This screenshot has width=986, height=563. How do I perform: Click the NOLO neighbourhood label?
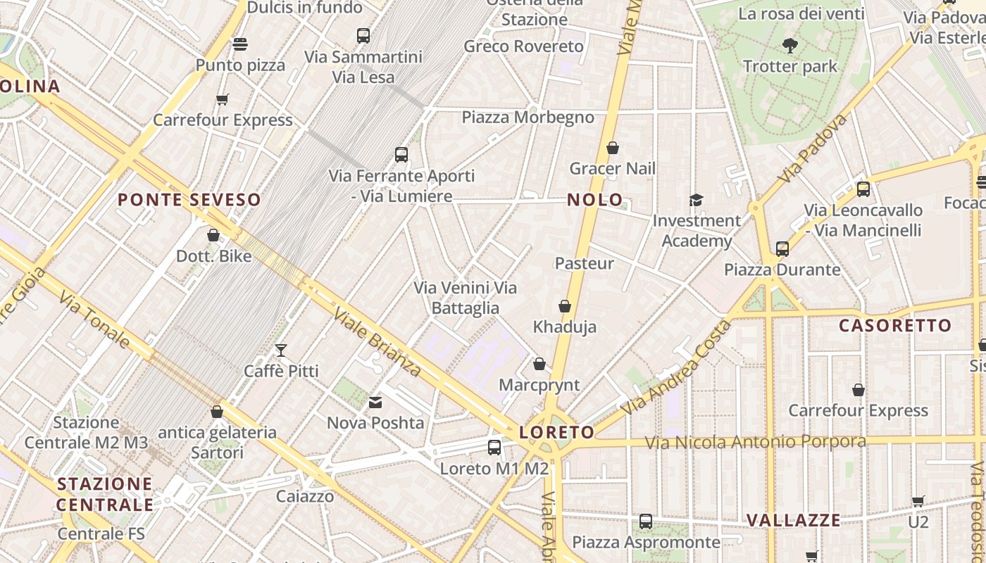point(595,200)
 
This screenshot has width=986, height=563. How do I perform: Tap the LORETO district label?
point(556,432)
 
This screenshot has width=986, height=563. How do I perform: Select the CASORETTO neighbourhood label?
point(895,326)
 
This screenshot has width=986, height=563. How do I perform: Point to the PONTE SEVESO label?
point(189,200)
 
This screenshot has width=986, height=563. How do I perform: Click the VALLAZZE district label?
point(793,521)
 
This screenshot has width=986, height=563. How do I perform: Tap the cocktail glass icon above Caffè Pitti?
point(281,350)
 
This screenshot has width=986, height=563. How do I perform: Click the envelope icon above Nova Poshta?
point(375,403)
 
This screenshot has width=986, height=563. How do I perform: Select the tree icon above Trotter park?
point(790,46)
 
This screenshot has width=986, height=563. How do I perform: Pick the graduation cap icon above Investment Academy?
point(696,200)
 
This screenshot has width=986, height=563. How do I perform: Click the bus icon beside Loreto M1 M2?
point(494,447)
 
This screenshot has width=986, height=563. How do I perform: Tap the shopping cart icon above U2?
point(918,501)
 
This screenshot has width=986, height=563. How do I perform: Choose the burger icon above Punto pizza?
point(240,44)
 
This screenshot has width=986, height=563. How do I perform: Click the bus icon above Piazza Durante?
point(782,248)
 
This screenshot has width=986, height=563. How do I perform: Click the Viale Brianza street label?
point(377,341)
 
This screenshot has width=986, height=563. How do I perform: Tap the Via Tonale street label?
point(94,321)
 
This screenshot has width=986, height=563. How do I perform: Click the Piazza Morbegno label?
point(528,118)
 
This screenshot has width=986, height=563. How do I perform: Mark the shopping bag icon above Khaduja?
point(564,306)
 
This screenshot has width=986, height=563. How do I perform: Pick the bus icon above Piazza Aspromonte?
point(646,521)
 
